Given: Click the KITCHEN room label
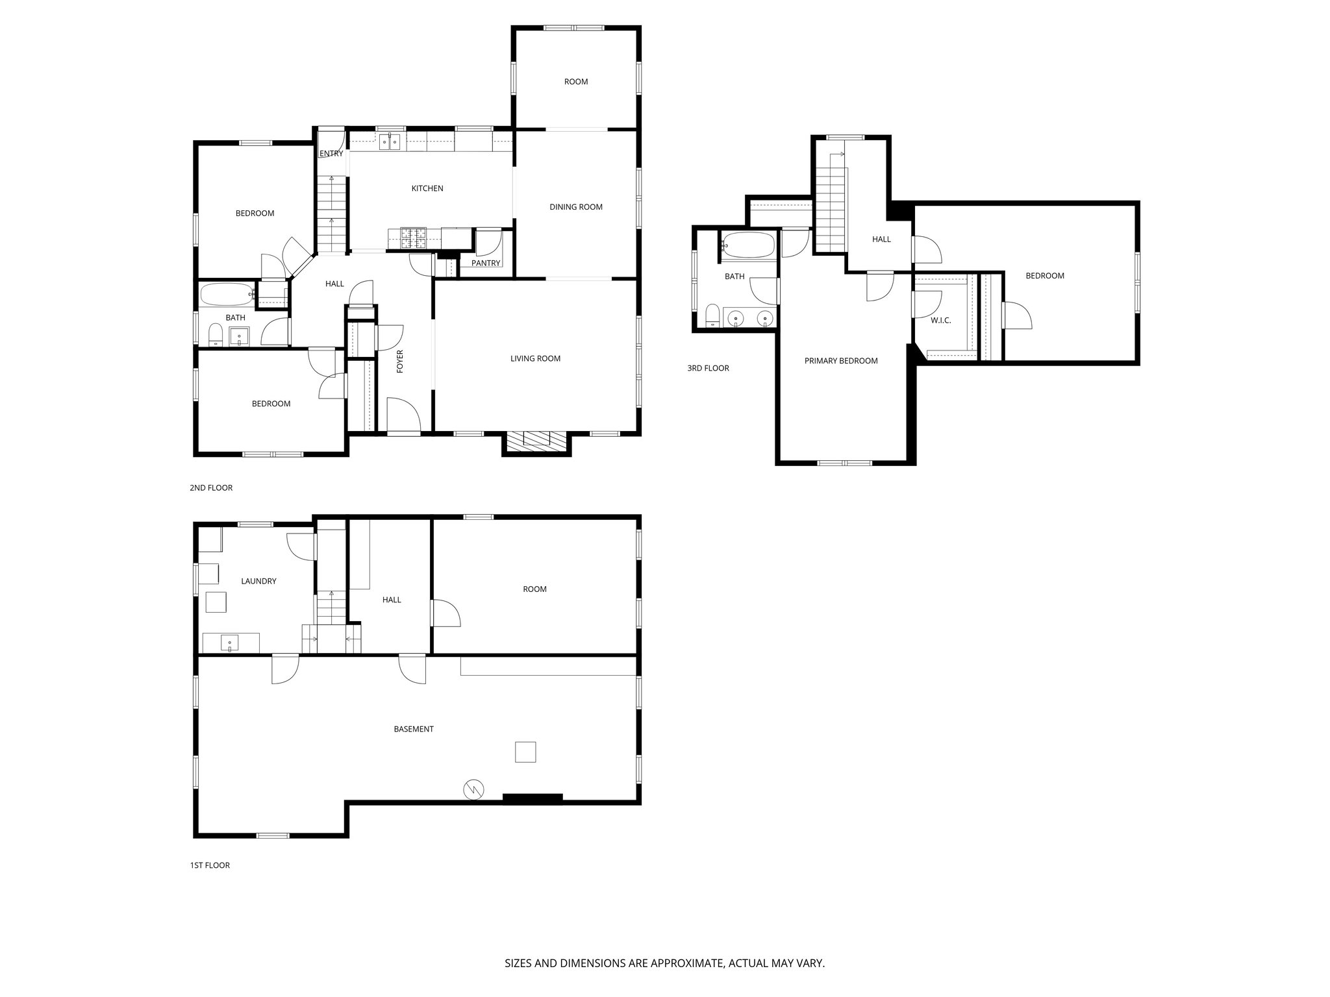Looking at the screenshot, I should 427,188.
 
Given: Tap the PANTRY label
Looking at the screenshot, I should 486,263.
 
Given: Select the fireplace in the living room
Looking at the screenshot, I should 536,442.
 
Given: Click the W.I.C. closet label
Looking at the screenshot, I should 940,321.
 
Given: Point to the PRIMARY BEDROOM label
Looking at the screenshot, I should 840,361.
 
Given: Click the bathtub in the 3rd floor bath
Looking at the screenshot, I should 748,246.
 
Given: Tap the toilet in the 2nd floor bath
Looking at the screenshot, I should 215,335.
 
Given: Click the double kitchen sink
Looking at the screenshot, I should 389,140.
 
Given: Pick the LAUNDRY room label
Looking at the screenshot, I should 258,581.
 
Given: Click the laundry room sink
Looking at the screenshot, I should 230,643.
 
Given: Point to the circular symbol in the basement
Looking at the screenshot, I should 473,789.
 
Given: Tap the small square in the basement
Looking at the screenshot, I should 525,752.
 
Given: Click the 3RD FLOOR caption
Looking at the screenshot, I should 708,368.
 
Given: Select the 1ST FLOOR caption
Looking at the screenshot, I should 210,865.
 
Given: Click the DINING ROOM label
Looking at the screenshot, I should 575,207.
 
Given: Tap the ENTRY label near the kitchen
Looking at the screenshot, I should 331,154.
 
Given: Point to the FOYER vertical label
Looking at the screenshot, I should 400,361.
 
